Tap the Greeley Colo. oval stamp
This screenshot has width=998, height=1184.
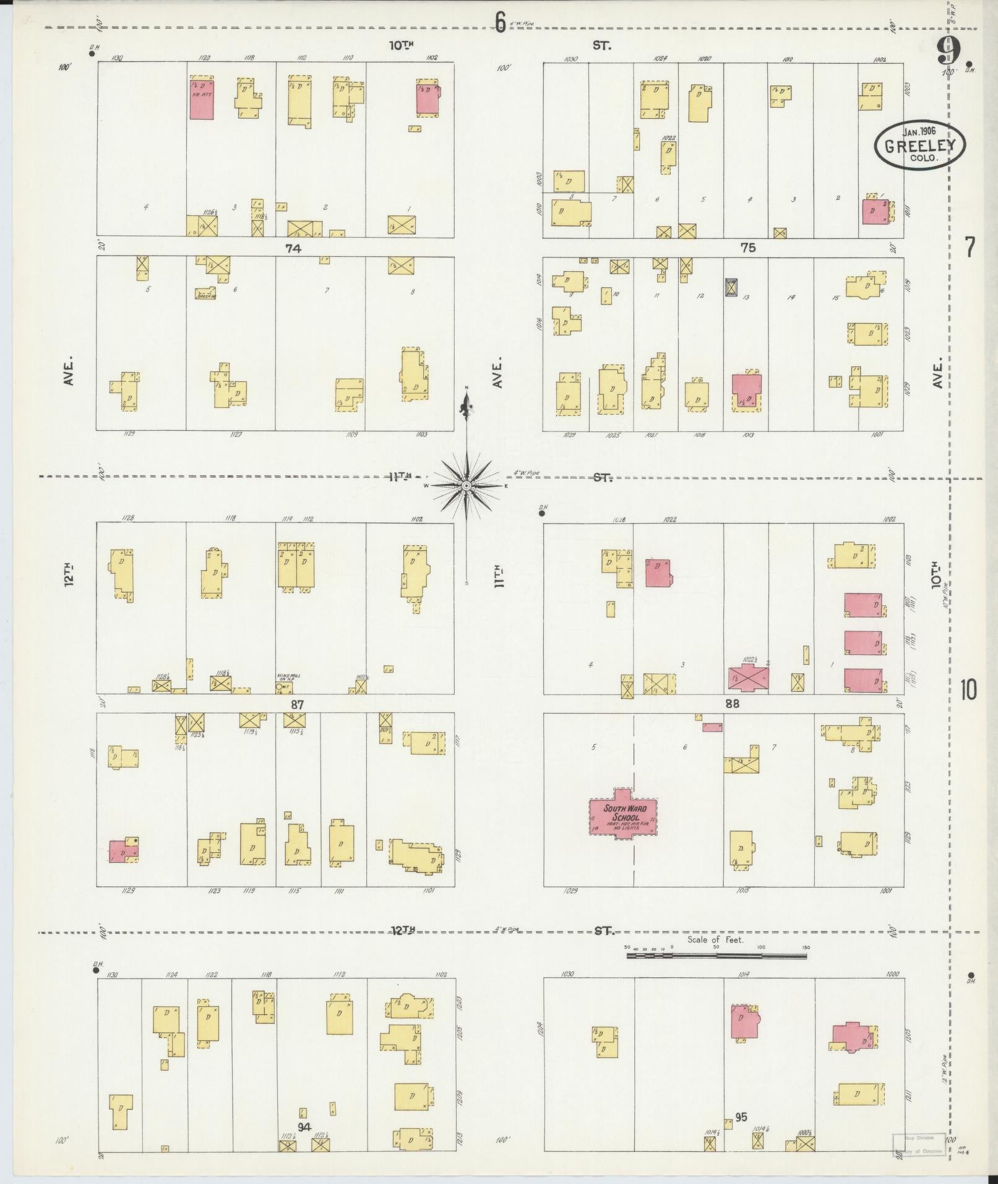click(x=919, y=145)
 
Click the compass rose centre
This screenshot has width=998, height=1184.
click(x=465, y=486)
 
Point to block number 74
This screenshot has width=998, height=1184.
click(x=293, y=248)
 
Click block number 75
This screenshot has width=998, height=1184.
click(x=748, y=248)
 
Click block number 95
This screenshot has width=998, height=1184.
click(x=741, y=1117)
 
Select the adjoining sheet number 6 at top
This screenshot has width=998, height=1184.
click(x=500, y=22)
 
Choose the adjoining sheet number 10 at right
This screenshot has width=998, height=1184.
click(x=969, y=689)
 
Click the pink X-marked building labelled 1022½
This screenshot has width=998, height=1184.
click(x=749, y=680)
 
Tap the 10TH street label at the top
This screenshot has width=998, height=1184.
click(x=401, y=45)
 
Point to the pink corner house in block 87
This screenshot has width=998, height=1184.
click(x=123, y=852)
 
